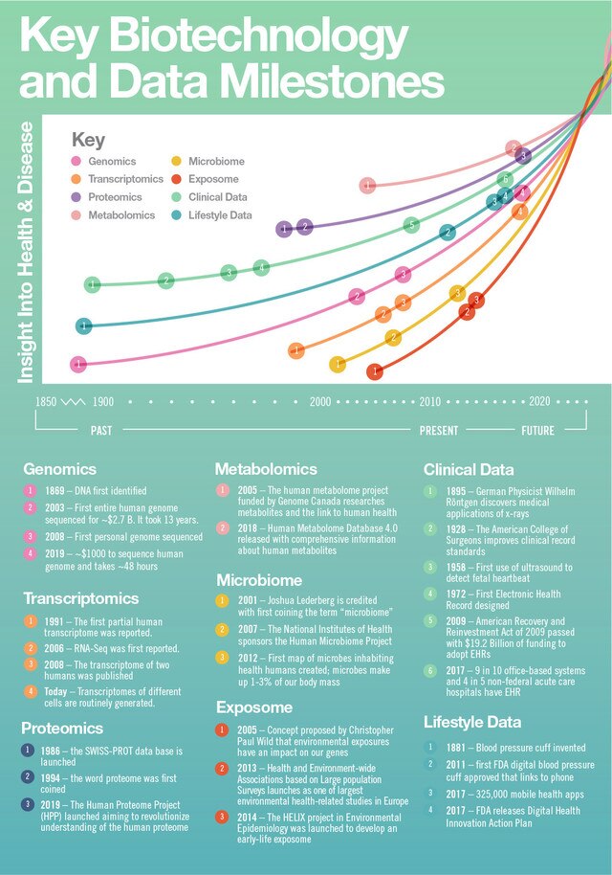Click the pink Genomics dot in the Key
(x=77, y=162)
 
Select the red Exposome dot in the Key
(x=178, y=179)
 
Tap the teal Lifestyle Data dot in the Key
(x=178, y=215)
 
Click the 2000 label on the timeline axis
(x=319, y=402)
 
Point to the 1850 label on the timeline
(x=46, y=402)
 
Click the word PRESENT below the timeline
(x=439, y=431)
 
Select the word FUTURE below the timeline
(x=537, y=431)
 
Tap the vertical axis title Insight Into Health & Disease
(x=26, y=253)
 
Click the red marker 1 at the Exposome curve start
(x=376, y=370)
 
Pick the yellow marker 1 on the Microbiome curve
(x=337, y=364)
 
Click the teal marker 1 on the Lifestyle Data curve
(x=84, y=326)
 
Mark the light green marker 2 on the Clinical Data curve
(x=166, y=280)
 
